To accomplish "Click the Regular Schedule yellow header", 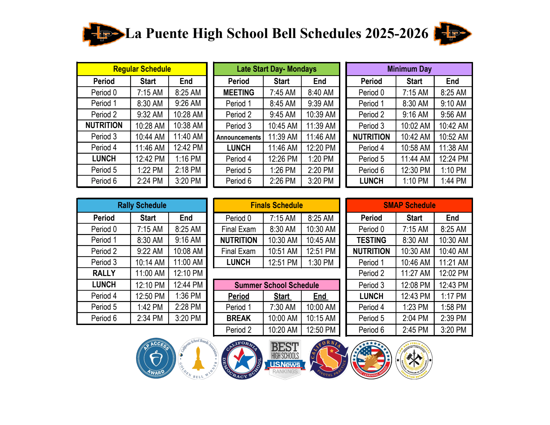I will point(142,69).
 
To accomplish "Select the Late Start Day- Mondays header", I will point(276,69).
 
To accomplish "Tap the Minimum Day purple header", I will point(409,69).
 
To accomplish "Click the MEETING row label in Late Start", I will point(239,93).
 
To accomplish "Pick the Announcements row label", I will point(239,137).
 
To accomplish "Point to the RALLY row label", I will point(104,273).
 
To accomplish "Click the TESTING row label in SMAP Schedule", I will point(371,240).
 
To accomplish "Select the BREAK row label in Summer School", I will point(239,318).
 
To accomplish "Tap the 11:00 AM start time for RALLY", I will point(150,273).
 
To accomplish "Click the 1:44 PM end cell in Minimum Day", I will point(453,181).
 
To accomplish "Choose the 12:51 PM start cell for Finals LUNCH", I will point(282,263).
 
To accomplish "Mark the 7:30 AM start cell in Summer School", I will point(282,307).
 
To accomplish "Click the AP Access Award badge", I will point(156,359).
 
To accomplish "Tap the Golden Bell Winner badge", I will point(199,359).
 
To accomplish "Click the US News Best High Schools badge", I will point(285,359).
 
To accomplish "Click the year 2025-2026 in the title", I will point(396,33).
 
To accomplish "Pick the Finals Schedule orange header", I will point(276,205).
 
